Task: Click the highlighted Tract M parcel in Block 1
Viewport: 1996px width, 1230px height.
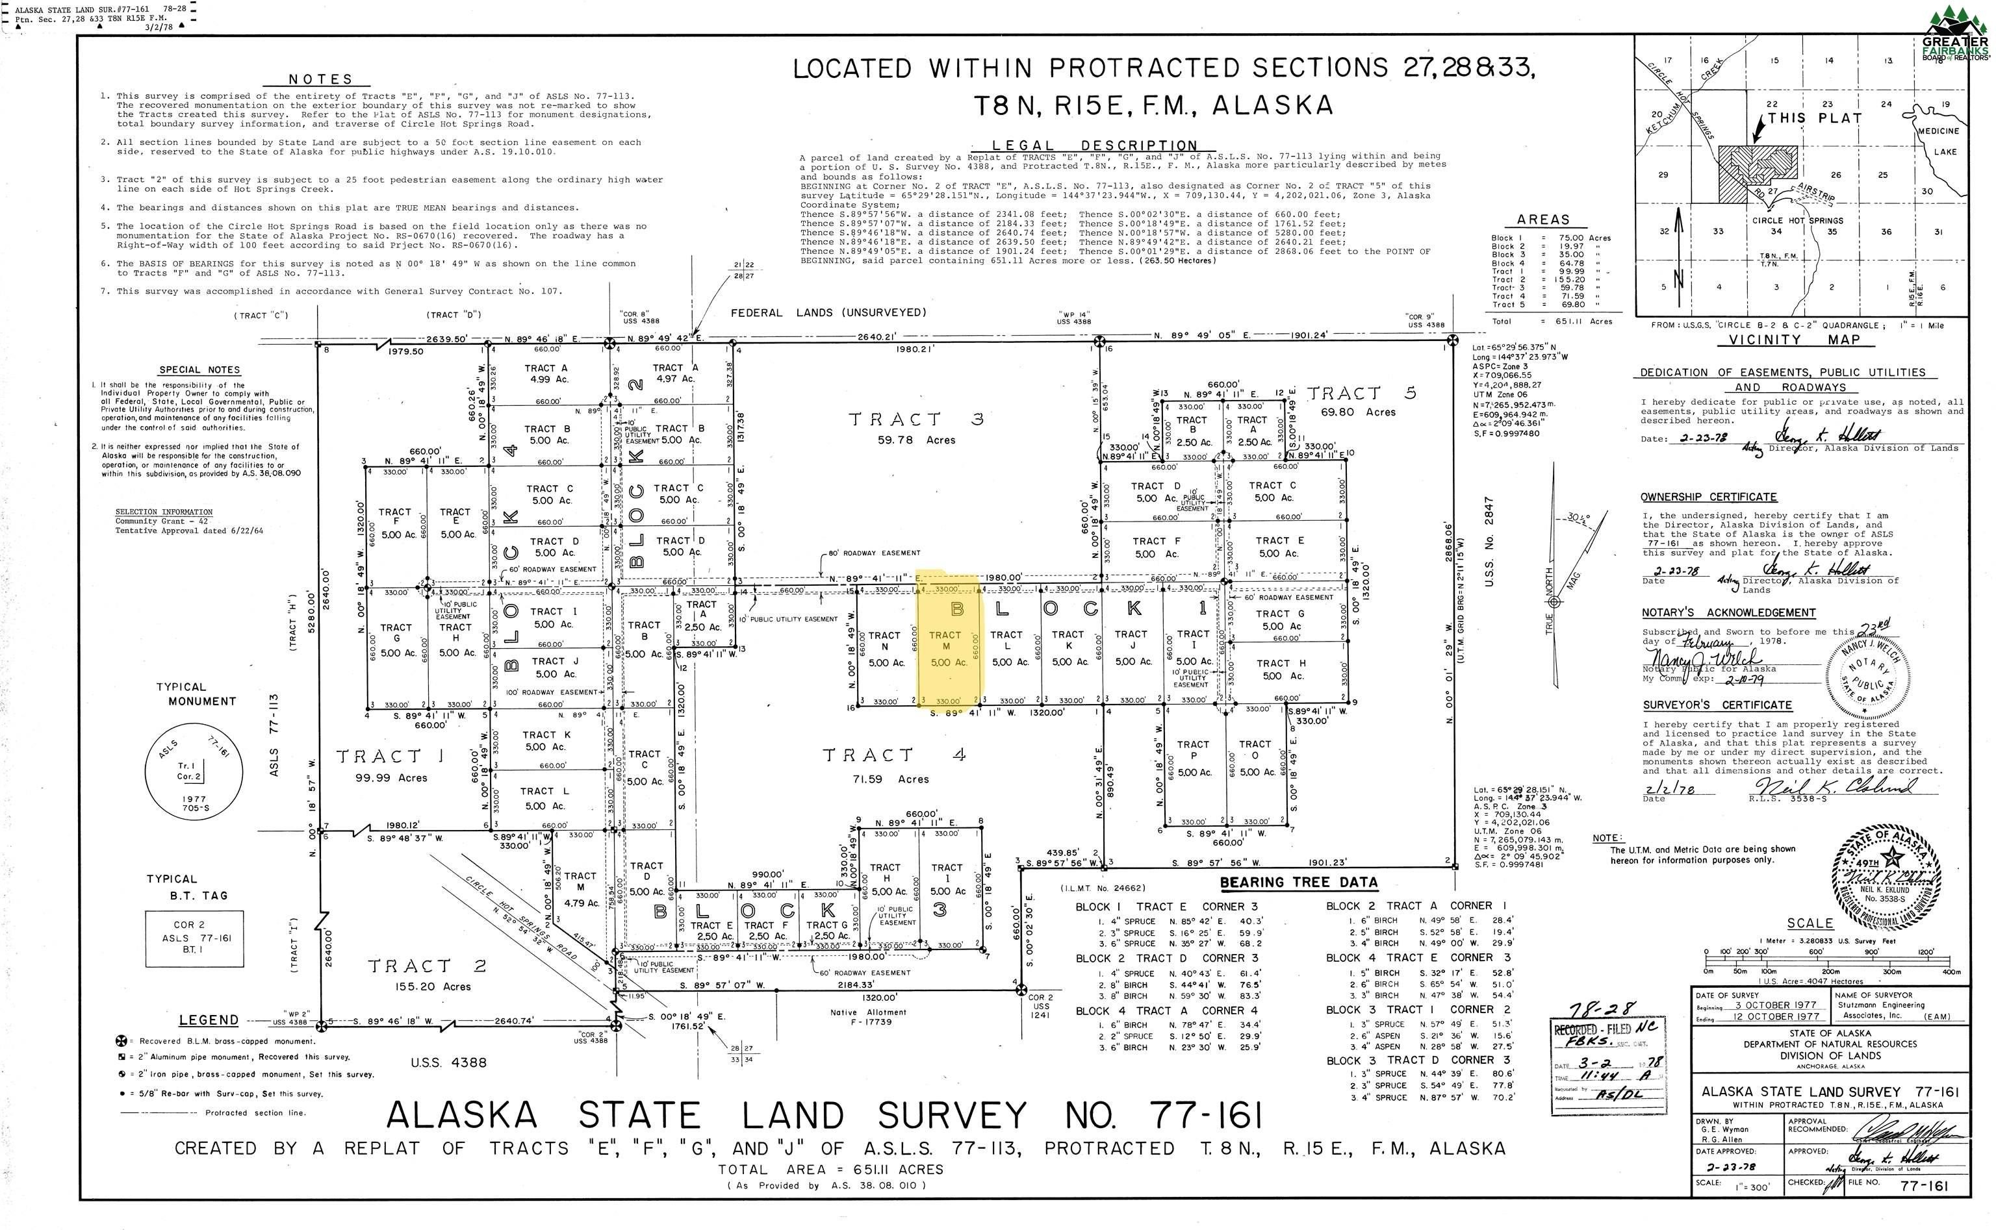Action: [x=948, y=643]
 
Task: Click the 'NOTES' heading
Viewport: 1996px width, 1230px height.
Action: [x=320, y=79]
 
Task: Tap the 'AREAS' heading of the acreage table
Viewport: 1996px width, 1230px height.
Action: [x=1542, y=220]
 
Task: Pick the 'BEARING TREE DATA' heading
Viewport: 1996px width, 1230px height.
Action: [x=1299, y=883]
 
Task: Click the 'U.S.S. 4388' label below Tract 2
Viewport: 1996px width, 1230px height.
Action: [x=448, y=1062]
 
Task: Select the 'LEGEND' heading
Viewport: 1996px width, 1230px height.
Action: [x=209, y=1020]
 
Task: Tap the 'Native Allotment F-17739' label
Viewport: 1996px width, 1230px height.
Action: [x=874, y=1017]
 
